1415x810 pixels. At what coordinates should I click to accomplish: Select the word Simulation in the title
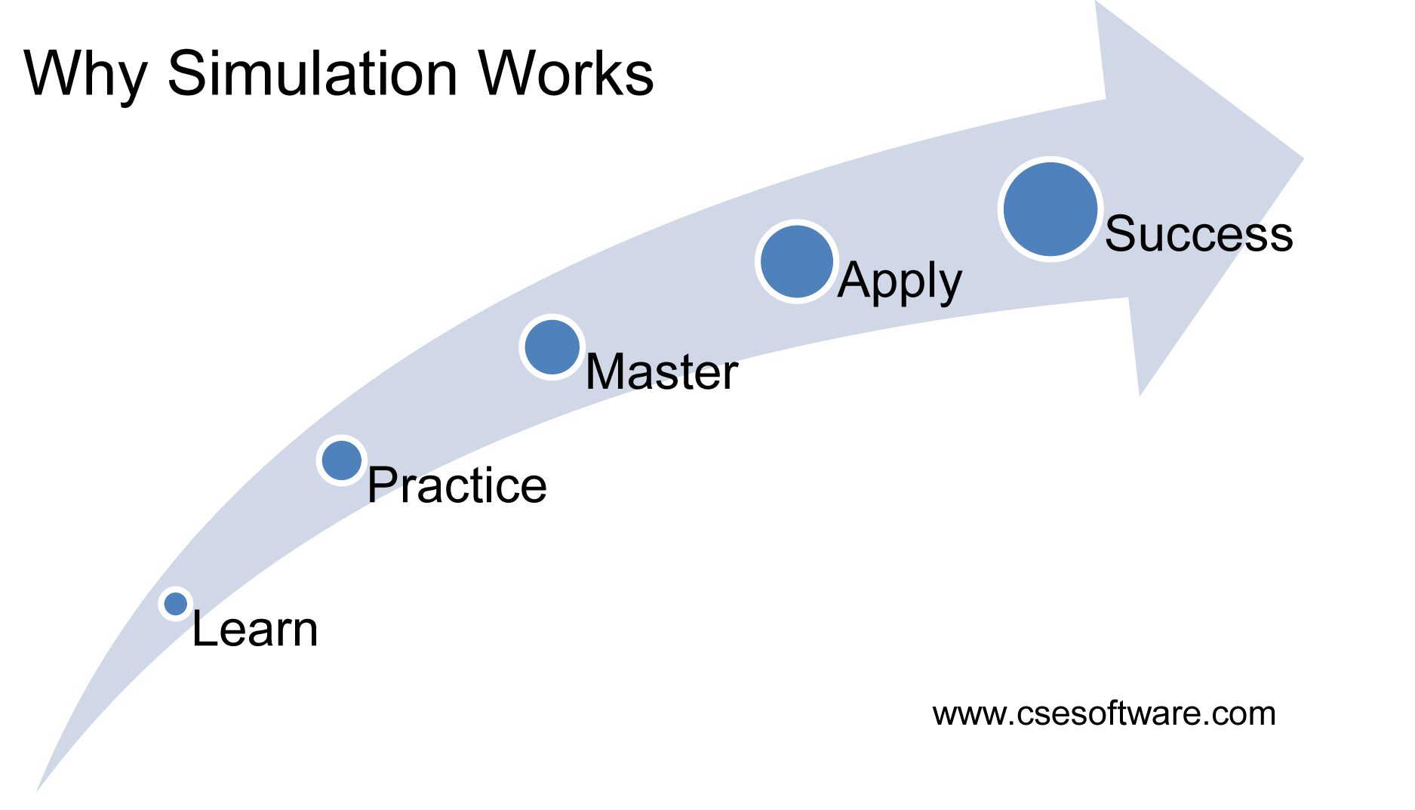pos(312,74)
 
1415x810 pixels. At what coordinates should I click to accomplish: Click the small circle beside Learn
pos(176,604)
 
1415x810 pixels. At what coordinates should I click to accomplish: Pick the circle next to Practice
pos(342,460)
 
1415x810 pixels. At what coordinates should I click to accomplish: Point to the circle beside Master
pos(552,347)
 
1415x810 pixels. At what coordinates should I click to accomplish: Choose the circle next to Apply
pos(797,262)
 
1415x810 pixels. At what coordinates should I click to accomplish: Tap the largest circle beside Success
pos(1050,209)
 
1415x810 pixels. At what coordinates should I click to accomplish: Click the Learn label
pos(255,630)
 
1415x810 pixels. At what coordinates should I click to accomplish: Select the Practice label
pos(457,485)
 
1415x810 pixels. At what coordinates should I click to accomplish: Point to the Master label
pos(662,372)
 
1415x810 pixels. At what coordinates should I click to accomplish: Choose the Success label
pos(1199,233)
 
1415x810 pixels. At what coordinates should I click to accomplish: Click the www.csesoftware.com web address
pos(1104,713)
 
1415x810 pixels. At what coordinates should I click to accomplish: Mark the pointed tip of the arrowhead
pos(1303,159)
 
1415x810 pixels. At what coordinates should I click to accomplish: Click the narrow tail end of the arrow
pos(38,790)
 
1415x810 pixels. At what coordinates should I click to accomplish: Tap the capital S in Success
pos(1122,233)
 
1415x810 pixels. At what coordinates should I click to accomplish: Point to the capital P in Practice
pos(383,485)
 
